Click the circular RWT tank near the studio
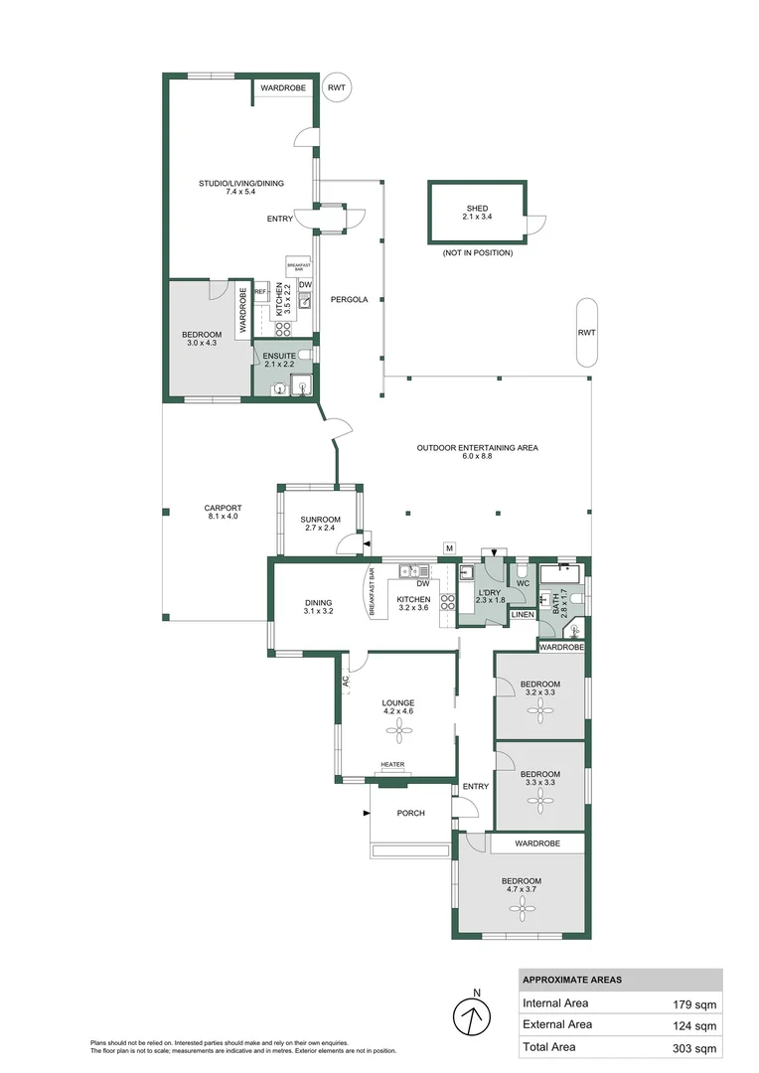(x=339, y=88)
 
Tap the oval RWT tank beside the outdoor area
(x=586, y=332)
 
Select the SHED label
(x=477, y=209)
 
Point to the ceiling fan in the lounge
(x=398, y=731)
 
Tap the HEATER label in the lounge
(x=392, y=765)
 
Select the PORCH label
(x=410, y=813)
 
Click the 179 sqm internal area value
(x=694, y=1003)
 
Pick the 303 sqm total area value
(x=694, y=1047)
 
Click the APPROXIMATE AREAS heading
(x=572, y=980)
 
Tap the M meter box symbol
(x=449, y=548)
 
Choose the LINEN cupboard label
(x=523, y=615)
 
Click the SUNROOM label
(x=321, y=520)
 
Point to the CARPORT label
(x=224, y=509)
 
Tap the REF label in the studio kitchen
(x=260, y=292)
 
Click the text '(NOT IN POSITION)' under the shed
(x=478, y=253)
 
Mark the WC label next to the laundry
(x=523, y=583)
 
